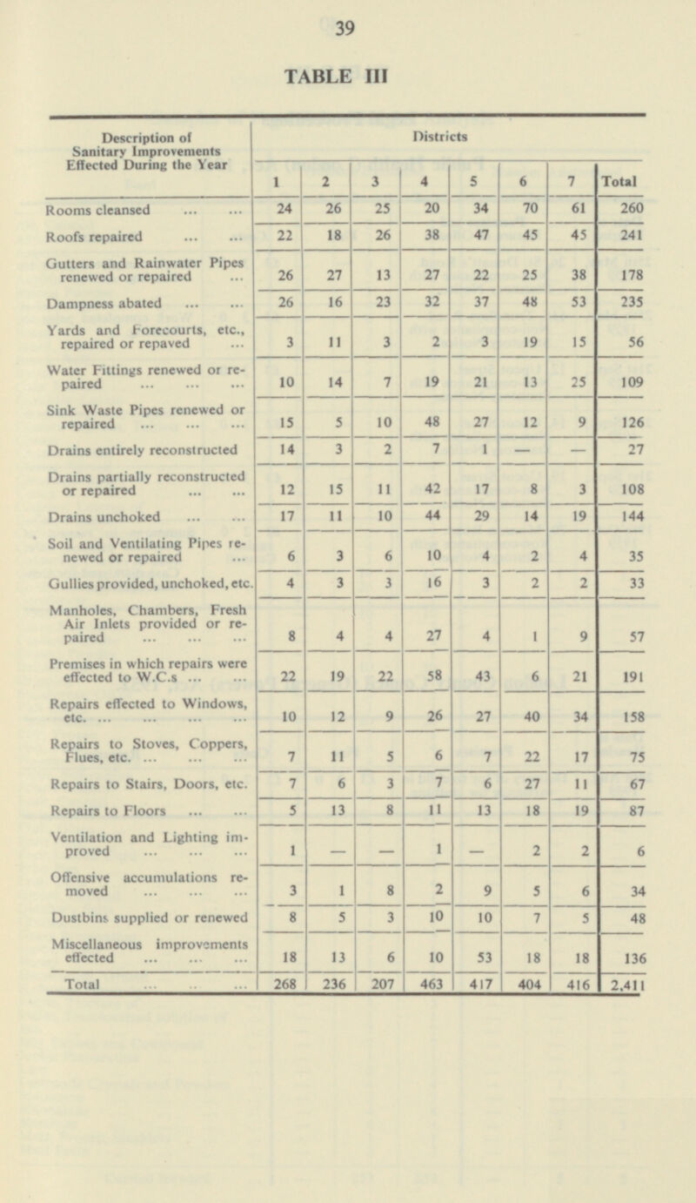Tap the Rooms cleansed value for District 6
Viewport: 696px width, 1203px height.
pos(524,209)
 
